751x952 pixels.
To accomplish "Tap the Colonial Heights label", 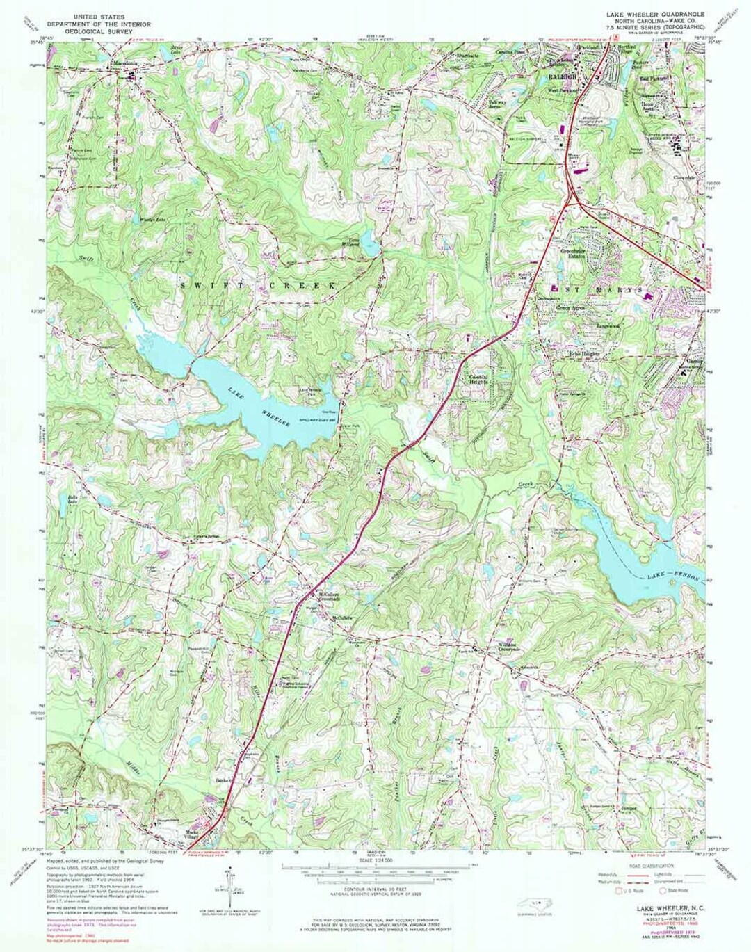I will point(478,379).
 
